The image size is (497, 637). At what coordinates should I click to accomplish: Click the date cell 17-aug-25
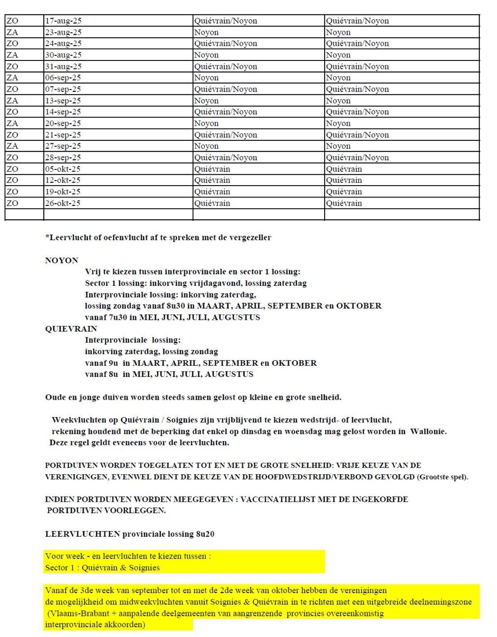[63, 21]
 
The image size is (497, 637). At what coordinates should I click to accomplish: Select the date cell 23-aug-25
[63, 32]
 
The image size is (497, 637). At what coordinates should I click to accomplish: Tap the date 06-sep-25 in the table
[63, 78]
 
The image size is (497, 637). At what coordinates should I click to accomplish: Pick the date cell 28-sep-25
[63, 158]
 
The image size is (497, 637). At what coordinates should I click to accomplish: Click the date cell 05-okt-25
[63, 169]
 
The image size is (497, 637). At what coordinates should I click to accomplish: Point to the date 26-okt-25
[63, 203]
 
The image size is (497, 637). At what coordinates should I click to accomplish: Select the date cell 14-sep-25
[63, 112]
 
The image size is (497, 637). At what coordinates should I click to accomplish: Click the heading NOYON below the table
[62, 261]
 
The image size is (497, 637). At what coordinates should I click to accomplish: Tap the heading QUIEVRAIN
[71, 329]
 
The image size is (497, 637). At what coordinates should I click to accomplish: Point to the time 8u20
[205, 534]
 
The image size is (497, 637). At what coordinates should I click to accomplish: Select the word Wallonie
[428, 431]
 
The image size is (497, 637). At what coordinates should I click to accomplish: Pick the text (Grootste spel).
[442, 477]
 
